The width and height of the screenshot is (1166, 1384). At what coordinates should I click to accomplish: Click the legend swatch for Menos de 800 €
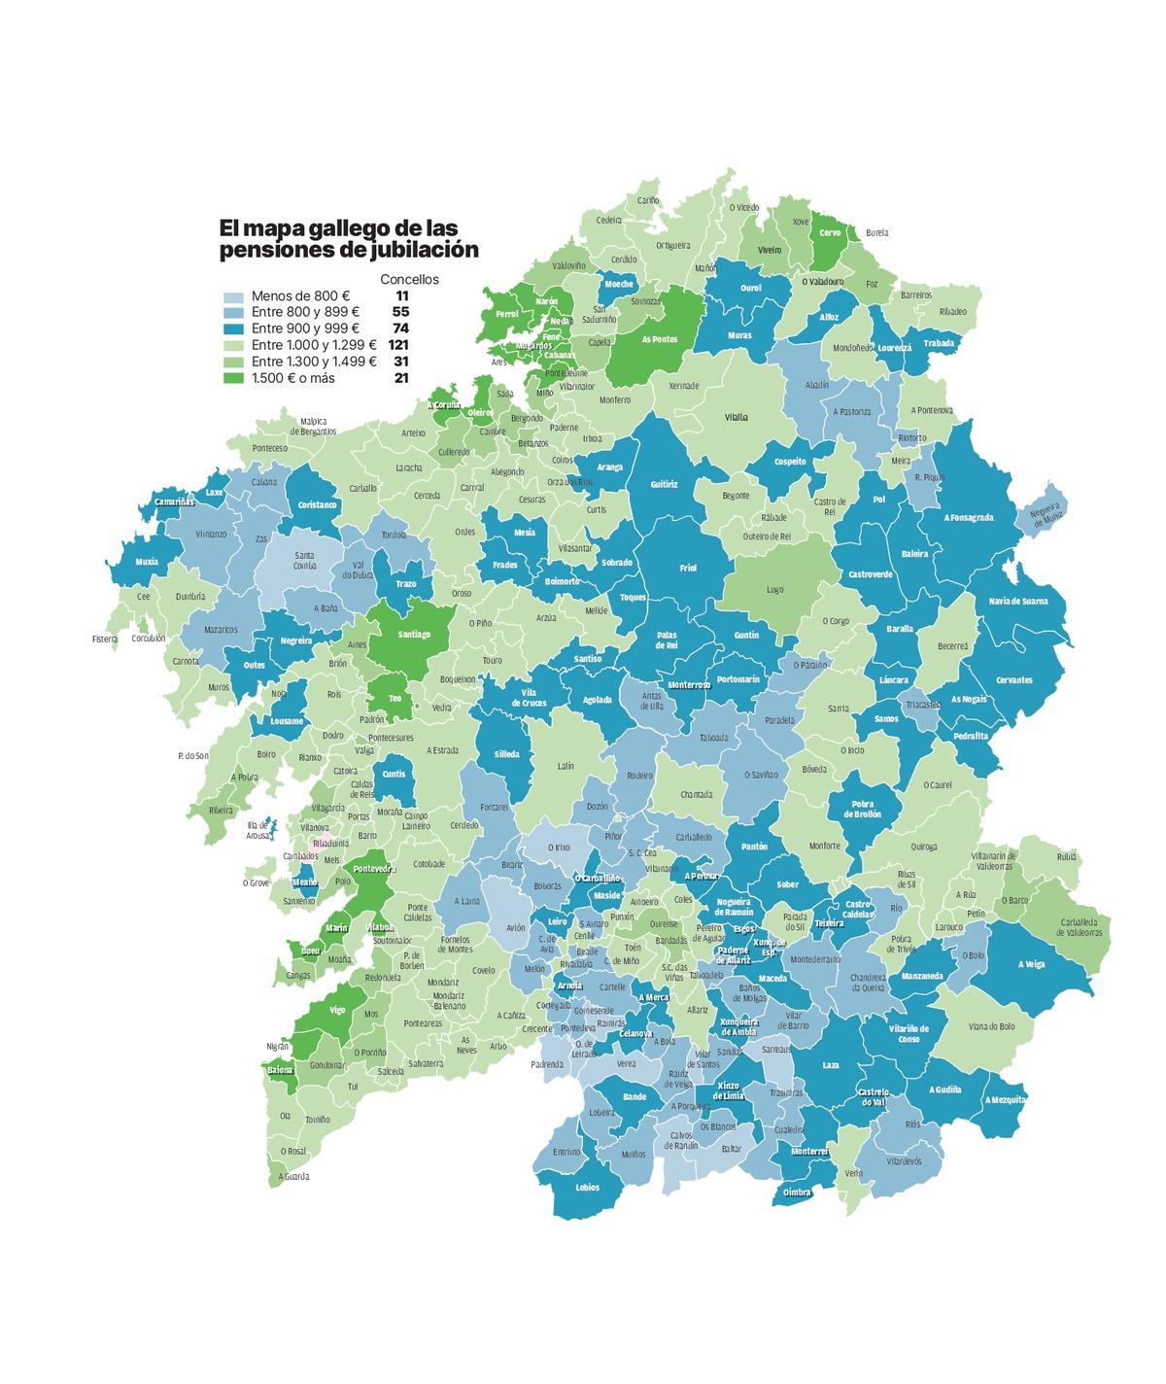pyautogui.click(x=233, y=296)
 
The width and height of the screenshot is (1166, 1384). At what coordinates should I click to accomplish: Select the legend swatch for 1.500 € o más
pyautogui.click(x=233, y=378)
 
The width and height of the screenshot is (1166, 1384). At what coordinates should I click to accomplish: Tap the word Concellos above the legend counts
pyautogui.click(x=409, y=279)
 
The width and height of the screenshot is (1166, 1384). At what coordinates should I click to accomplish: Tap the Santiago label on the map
pyautogui.click(x=414, y=635)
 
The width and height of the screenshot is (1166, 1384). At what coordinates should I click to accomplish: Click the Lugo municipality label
pyautogui.click(x=774, y=589)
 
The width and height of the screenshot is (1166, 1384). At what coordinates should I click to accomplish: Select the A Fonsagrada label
pyautogui.click(x=968, y=518)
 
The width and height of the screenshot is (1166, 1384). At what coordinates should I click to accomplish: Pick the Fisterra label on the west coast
pyautogui.click(x=105, y=640)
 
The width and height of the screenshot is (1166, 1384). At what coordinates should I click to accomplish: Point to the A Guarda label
pyautogui.click(x=293, y=1177)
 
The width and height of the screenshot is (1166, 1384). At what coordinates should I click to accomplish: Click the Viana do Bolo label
pyautogui.click(x=991, y=1026)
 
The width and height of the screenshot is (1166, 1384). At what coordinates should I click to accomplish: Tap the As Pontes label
pyautogui.click(x=660, y=339)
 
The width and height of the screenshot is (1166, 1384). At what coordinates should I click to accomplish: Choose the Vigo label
pyautogui.click(x=337, y=1011)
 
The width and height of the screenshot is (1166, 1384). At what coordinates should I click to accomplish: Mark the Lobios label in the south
pyautogui.click(x=587, y=1188)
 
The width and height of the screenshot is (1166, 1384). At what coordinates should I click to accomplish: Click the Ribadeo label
pyautogui.click(x=952, y=312)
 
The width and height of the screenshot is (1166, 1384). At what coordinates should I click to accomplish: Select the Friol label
pyautogui.click(x=688, y=569)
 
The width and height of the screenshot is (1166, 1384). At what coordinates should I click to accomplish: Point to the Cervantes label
pyautogui.click(x=1013, y=679)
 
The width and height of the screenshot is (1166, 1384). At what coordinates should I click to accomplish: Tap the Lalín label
pyautogui.click(x=566, y=766)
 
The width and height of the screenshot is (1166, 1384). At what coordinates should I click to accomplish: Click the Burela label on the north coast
pyautogui.click(x=876, y=233)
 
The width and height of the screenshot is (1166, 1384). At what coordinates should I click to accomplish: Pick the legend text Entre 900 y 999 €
pyautogui.click(x=305, y=329)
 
